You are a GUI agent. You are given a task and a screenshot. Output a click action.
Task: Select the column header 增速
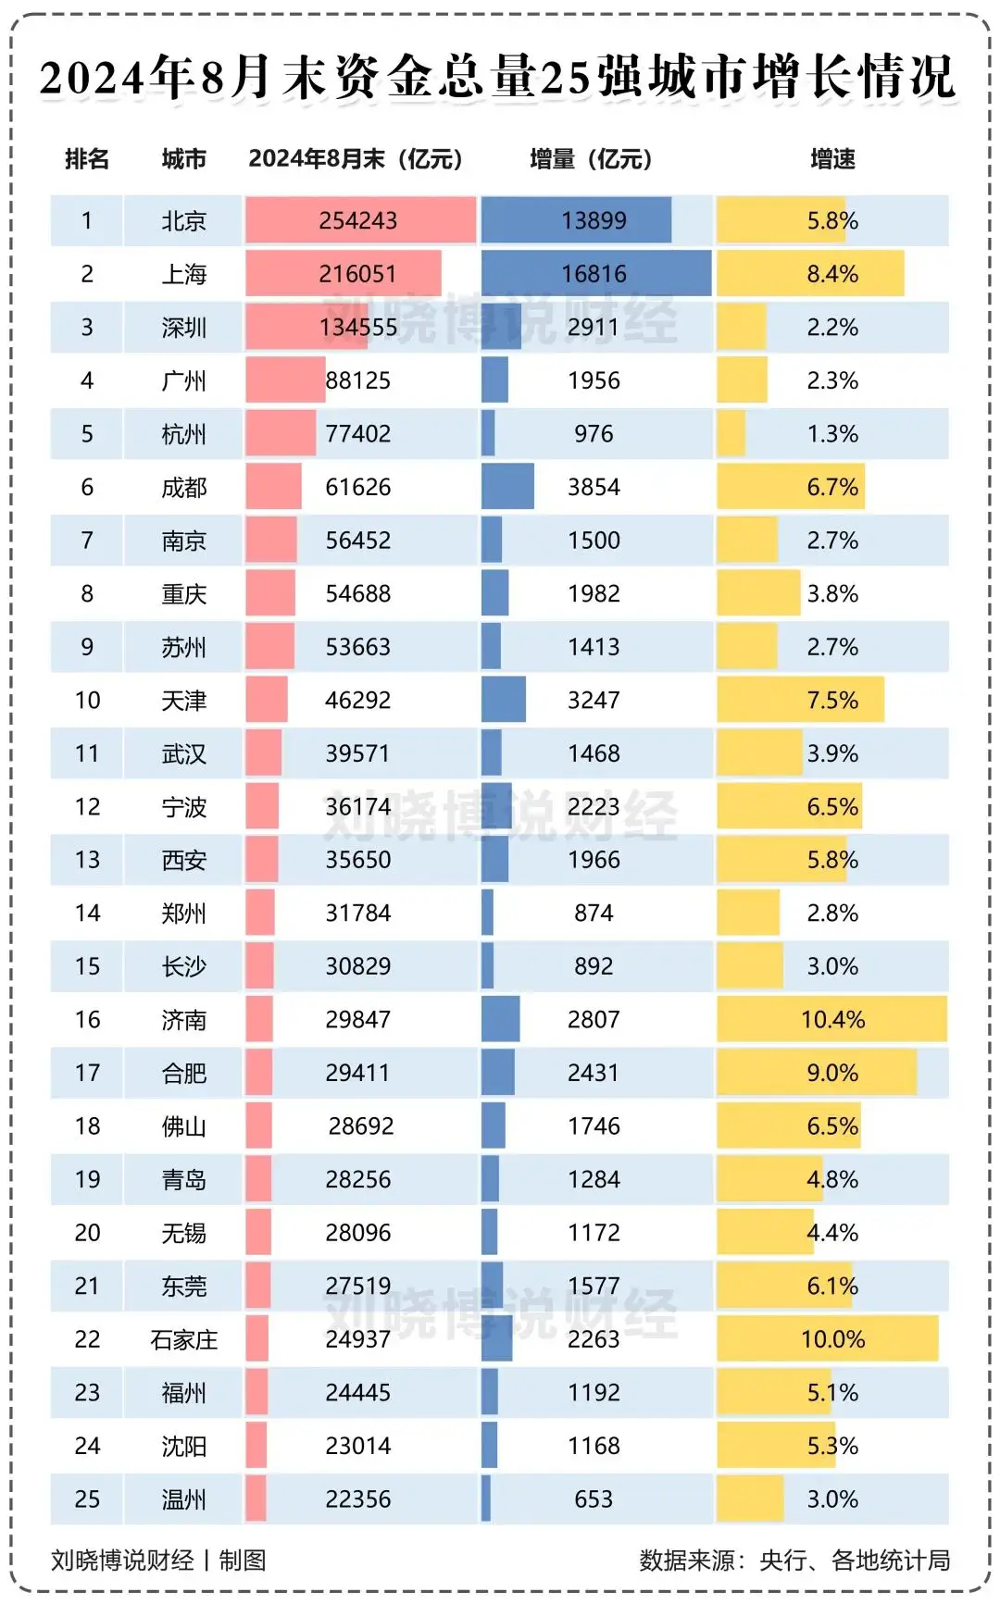click(x=832, y=159)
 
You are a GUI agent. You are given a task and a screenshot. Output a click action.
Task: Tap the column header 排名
click(x=87, y=159)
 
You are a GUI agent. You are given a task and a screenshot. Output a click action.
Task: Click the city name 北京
click(x=183, y=221)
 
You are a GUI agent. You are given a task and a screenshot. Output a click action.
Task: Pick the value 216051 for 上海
click(x=357, y=274)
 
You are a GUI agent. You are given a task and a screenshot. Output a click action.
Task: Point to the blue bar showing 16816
click(x=595, y=274)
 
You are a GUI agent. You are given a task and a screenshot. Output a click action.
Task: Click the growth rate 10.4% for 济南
click(x=832, y=1020)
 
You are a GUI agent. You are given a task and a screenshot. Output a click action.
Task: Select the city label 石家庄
click(x=183, y=1339)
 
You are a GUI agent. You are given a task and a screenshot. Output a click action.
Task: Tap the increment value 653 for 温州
click(x=594, y=1499)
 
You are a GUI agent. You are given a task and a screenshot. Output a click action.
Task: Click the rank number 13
click(x=87, y=860)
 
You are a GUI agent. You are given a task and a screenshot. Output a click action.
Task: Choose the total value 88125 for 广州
click(x=357, y=380)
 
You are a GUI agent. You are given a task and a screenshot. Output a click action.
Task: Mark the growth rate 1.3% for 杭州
click(x=832, y=434)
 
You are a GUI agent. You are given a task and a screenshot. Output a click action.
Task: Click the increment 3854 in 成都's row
click(x=594, y=487)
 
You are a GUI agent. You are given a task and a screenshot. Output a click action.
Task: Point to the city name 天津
click(x=183, y=701)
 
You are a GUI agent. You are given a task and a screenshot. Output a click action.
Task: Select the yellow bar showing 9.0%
click(x=817, y=1073)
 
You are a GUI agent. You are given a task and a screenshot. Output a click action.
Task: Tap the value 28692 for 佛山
click(x=361, y=1126)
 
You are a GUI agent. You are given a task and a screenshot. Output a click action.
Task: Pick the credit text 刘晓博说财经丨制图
click(x=158, y=1560)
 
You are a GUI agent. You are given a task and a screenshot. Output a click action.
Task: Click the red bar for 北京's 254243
click(x=359, y=221)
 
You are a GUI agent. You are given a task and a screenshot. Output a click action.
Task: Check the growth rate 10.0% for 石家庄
click(x=832, y=1339)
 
